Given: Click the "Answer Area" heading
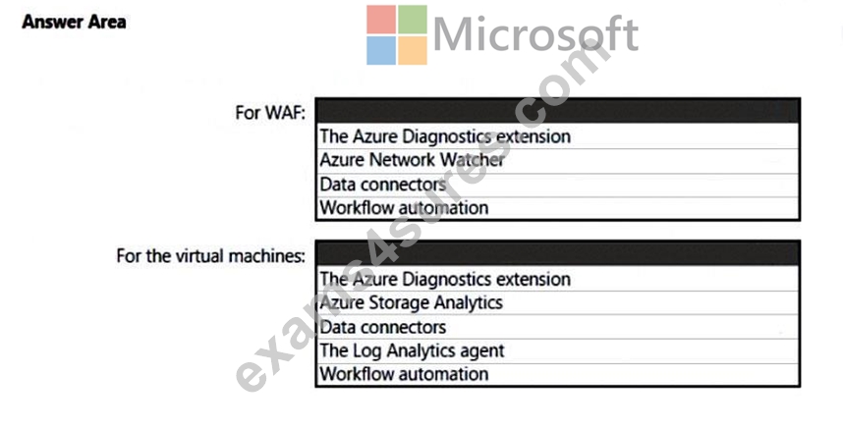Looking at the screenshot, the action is point(75,22).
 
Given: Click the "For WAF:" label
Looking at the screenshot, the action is point(270,113).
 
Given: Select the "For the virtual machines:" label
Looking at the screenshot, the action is point(210,255).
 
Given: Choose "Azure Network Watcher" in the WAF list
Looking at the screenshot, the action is point(413,160).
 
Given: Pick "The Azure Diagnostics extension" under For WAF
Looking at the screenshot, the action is point(445,136).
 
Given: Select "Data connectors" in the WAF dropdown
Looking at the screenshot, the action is point(383,185).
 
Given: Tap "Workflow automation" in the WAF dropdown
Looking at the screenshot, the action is point(404,208).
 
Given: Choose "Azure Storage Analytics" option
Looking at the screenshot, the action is point(412,302).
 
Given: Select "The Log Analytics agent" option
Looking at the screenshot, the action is point(413,350).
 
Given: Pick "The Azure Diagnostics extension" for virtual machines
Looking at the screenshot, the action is point(445,279).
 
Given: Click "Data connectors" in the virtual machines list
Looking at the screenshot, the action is point(383,327).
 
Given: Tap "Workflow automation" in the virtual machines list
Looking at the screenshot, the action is point(404,374).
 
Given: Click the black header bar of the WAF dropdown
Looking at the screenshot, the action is point(557,111).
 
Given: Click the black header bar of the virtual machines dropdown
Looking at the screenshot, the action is point(557,253).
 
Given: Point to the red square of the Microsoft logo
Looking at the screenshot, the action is point(381,20).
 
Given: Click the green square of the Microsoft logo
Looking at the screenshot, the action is point(413,20).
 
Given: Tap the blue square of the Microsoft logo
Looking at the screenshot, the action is point(381,50).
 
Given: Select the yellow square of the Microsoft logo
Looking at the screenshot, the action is point(413,50).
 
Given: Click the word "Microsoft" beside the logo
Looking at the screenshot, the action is point(535,34).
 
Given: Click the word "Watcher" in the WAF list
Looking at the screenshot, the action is point(473,160).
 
